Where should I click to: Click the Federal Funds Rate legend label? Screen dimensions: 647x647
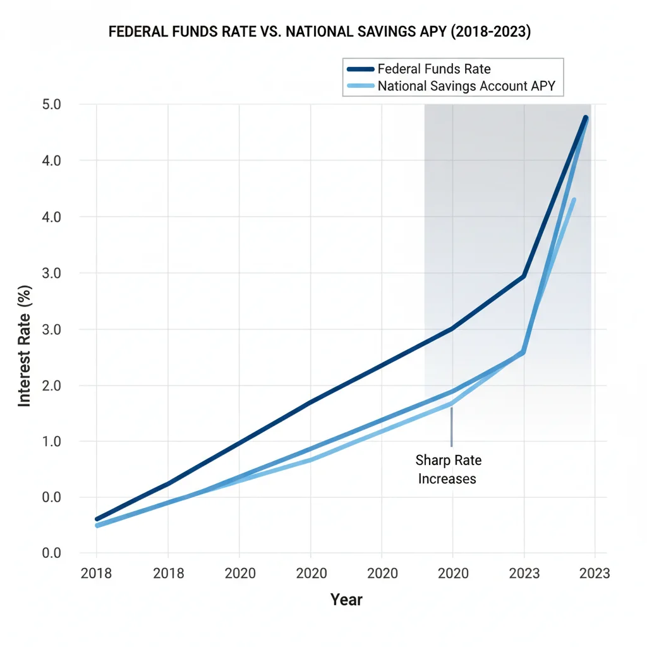tap(433, 69)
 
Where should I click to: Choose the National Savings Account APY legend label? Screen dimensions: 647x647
tap(466, 86)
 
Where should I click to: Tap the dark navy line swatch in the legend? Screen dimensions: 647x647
tap(360, 69)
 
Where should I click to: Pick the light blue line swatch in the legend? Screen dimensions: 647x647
tap(360, 86)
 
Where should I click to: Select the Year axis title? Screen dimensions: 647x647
tap(346, 599)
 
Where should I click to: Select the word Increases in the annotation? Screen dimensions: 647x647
tap(447, 479)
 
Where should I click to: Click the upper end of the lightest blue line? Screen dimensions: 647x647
tap(574, 200)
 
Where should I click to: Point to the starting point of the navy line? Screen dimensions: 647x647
tap(97, 519)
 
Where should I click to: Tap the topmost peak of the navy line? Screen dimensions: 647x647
tap(586, 118)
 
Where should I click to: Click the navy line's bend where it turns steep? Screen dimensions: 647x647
tap(524, 276)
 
